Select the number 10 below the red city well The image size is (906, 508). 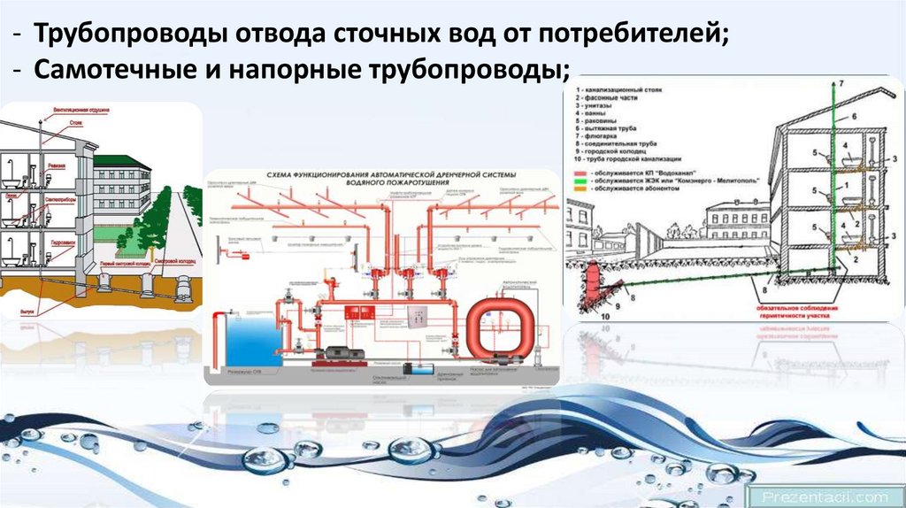click(604, 314)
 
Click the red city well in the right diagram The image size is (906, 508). click(589, 283)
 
